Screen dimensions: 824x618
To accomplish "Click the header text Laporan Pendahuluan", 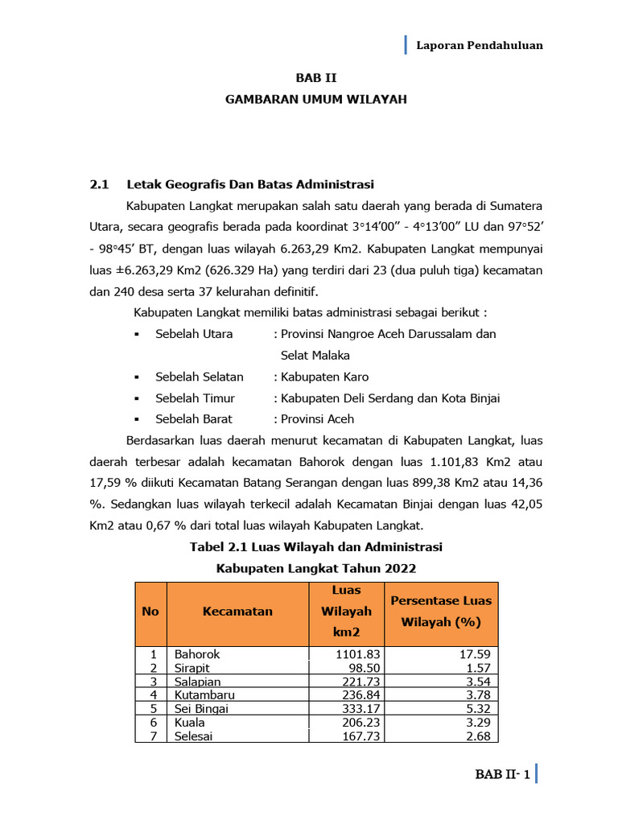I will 479,45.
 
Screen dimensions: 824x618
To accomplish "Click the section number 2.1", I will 99,184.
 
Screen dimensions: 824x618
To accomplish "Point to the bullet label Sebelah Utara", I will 194,333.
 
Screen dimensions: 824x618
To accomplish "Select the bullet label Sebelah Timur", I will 195,398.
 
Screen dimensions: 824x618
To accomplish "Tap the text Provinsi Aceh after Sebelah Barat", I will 317,418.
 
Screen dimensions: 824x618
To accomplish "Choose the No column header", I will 150,612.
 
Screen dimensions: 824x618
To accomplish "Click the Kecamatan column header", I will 237,612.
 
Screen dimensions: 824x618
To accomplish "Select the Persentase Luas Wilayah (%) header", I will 440,612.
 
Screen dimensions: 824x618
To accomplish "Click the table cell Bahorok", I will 196,654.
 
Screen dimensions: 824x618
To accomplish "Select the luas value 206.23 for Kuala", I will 359,722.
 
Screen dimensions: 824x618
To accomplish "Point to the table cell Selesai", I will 194,735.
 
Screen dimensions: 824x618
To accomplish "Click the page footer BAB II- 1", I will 502,775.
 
